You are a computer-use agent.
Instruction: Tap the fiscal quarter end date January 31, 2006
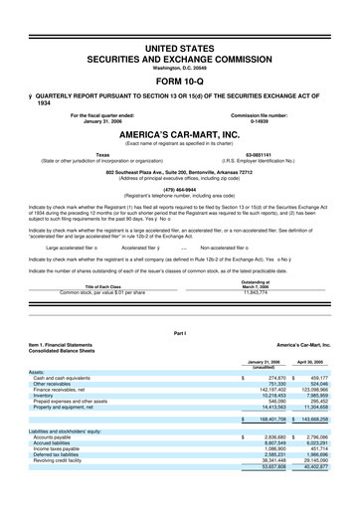pos(100,120)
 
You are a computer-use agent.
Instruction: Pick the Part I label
pos(180,329)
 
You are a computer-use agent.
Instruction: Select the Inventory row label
pos(48,396)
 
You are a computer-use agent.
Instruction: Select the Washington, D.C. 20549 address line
pos(180,66)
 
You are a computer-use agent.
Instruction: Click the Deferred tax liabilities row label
pos(61,454)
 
